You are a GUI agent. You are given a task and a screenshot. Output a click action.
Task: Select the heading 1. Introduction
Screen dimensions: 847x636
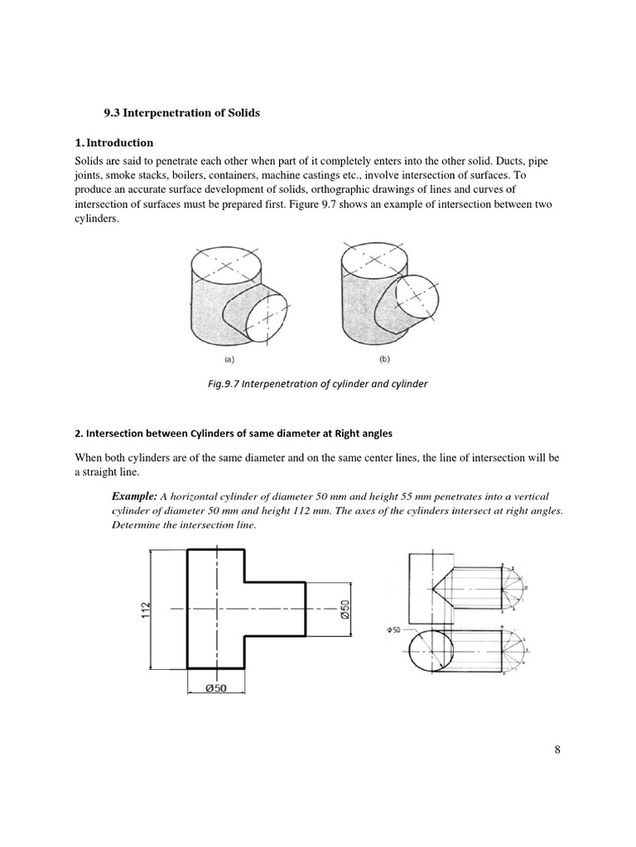[114, 142]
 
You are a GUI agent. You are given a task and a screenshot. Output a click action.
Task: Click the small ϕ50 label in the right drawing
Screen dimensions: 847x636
[393, 629]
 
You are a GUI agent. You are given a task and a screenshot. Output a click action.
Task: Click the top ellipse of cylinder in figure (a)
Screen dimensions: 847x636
[227, 266]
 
